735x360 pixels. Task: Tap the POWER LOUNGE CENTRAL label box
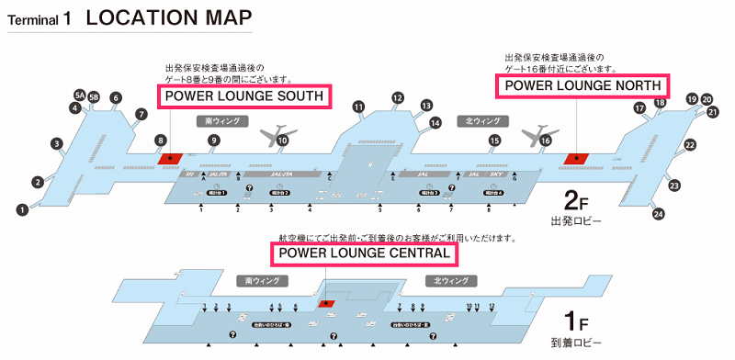364,253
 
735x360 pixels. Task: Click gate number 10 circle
283,141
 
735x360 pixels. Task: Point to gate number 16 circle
545,141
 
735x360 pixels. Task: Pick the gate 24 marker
658,214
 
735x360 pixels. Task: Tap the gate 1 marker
20,210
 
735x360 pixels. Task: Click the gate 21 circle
712,112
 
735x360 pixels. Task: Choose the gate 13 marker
426,106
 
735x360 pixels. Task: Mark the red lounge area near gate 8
171,158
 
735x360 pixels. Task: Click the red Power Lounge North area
577,158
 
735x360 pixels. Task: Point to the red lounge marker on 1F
326,301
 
